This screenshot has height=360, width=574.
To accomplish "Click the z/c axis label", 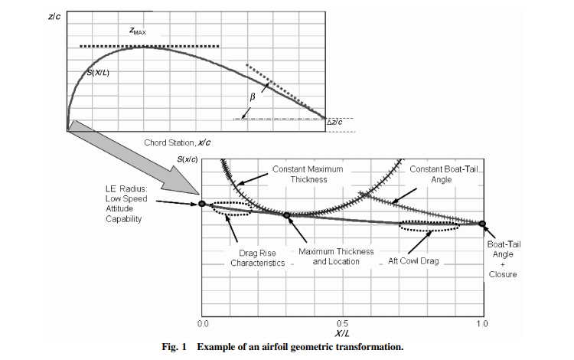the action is click(54, 17).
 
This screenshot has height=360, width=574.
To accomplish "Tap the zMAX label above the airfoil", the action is click(138, 31).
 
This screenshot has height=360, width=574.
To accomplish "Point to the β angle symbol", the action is click(253, 97).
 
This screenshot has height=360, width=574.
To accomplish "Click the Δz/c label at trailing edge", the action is click(334, 122).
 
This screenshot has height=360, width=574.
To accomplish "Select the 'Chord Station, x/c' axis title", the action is click(178, 142).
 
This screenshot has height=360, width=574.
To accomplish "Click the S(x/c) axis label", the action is click(188, 159).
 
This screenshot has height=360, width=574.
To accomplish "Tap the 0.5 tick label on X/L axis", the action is click(343, 324).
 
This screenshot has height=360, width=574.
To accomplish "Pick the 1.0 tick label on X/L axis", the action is click(482, 324).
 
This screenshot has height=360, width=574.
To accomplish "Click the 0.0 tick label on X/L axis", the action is click(203, 324).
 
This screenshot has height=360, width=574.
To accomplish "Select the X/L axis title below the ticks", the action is click(342, 333).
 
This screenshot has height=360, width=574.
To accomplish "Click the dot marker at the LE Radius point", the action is click(202, 204).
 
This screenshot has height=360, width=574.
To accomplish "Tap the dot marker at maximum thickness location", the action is click(287, 215).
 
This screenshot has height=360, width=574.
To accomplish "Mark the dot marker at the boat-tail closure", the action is click(482, 224).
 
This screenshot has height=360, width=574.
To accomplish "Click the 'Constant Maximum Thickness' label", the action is click(308, 175).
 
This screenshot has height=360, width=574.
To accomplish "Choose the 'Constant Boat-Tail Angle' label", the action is click(444, 175).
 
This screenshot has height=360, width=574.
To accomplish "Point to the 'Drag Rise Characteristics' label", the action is click(258, 258).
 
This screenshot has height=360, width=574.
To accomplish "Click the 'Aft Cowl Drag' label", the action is click(413, 261).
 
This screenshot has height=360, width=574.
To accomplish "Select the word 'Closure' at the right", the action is click(503, 274).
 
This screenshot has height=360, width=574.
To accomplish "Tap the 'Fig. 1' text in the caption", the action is click(174, 346).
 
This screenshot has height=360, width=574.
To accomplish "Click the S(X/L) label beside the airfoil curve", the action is click(98, 73).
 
